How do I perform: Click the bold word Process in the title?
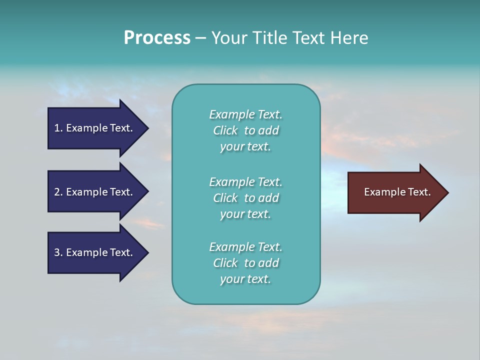pyautogui.click(x=157, y=38)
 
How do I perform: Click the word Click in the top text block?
pyautogui.click(x=225, y=130)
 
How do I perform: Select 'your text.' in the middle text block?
pyautogui.click(x=245, y=214)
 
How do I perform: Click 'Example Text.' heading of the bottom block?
pyautogui.click(x=245, y=247)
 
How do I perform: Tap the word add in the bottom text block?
pyautogui.click(x=268, y=263)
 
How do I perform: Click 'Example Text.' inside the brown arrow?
pyautogui.click(x=397, y=192)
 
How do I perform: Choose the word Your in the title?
pyautogui.click(x=228, y=38)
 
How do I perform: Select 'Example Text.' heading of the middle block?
pyautogui.click(x=245, y=182)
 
